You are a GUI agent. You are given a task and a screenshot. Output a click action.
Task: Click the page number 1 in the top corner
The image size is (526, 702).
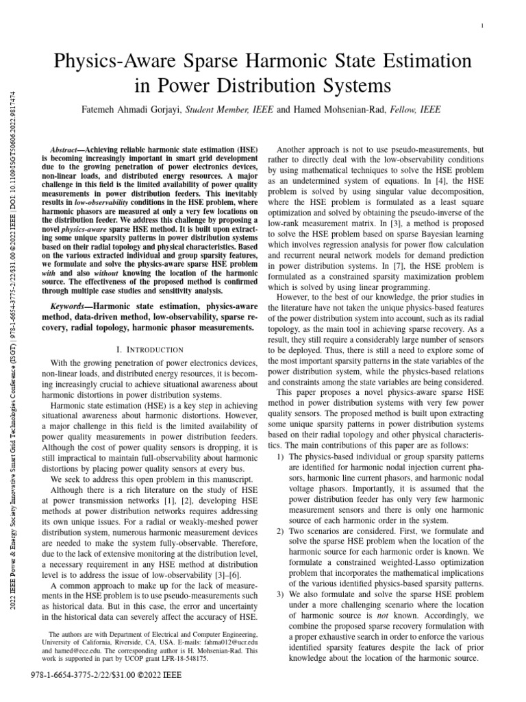point(484,26)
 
